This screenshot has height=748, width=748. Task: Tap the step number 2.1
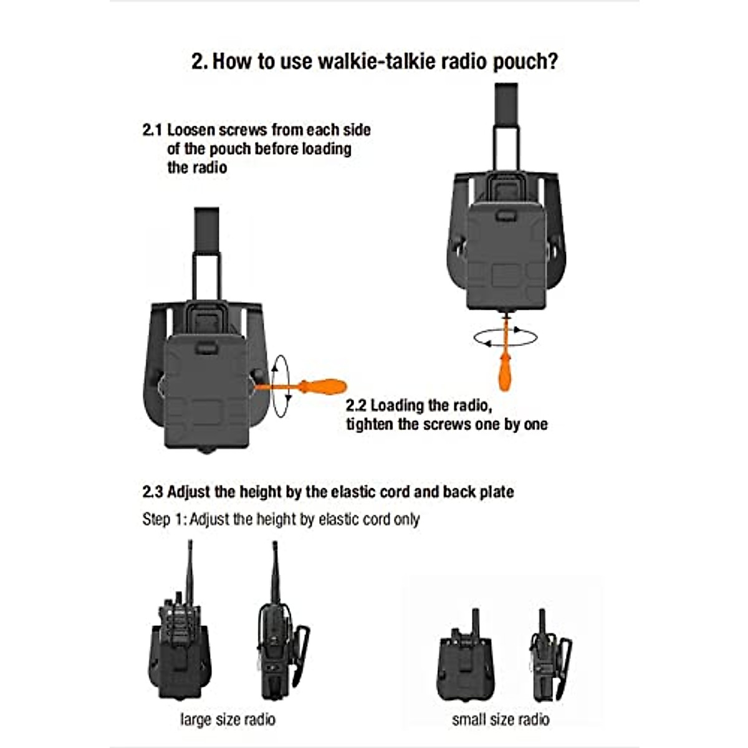click(x=152, y=130)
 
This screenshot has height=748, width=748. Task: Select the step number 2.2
click(x=356, y=406)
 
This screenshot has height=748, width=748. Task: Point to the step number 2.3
click(x=153, y=492)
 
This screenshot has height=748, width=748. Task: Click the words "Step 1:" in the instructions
click(x=164, y=519)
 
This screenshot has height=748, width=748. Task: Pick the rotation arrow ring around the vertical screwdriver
click(x=506, y=337)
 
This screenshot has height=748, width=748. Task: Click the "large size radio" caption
click(x=228, y=719)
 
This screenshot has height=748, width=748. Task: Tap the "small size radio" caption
click(x=501, y=719)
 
